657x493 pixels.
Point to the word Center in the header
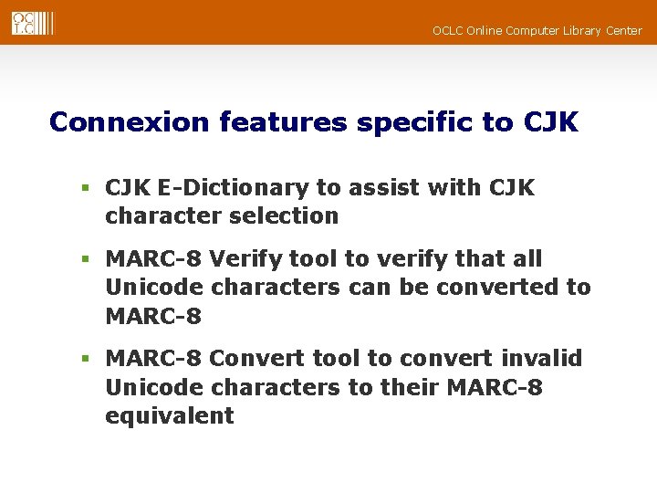click(622, 31)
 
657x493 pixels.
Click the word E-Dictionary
click(233, 188)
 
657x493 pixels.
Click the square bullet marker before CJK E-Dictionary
click(85, 189)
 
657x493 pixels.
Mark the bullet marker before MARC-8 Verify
click(85, 260)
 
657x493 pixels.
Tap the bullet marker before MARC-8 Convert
click(85, 359)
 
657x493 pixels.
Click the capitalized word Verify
click(243, 259)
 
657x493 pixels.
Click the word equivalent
click(170, 415)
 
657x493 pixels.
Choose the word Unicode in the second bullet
click(154, 288)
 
